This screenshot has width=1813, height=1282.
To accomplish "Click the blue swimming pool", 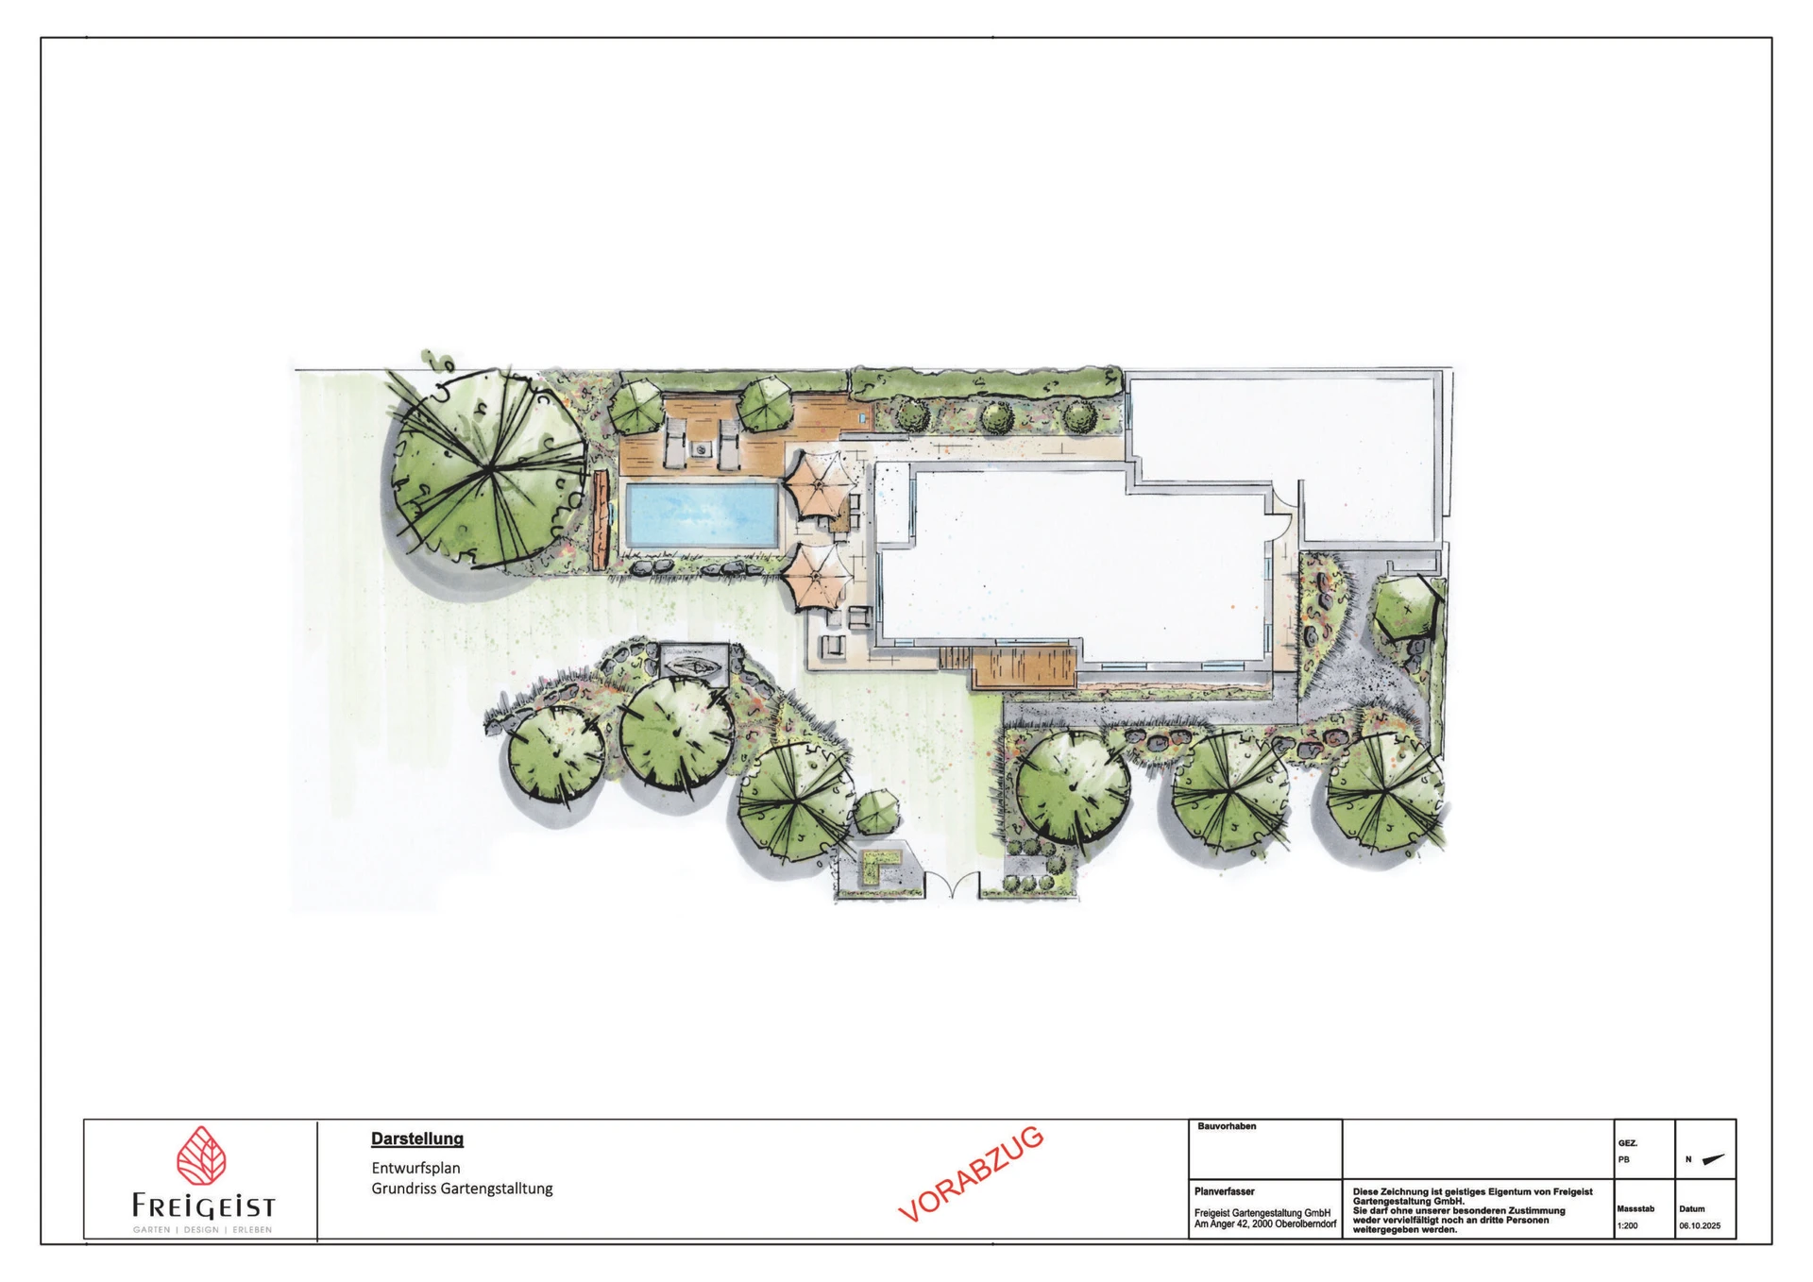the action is tap(703, 514).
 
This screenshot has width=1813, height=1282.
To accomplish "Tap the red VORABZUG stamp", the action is tap(971, 1173).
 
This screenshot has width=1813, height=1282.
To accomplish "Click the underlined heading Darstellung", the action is tap(417, 1139).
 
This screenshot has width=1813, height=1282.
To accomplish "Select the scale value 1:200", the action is tap(1627, 1226).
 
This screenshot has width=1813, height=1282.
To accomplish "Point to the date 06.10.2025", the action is tap(1700, 1226).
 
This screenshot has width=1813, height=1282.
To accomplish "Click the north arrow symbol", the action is tap(1713, 1160).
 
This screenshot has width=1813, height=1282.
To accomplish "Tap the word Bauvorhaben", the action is tap(1227, 1126).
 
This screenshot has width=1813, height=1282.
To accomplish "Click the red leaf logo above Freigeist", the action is tap(201, 1155).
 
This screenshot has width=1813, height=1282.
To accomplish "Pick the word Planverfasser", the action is tap(1225, 1191).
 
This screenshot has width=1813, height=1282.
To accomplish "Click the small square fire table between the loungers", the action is tap(701, 450).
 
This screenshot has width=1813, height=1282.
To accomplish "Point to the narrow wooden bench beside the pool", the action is tap(601, 518).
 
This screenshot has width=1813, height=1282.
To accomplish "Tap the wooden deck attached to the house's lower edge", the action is tap(1025, 667).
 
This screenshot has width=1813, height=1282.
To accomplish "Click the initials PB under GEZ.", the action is tap(1624, 1160).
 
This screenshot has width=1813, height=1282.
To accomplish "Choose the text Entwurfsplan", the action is tap(415, 1168).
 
